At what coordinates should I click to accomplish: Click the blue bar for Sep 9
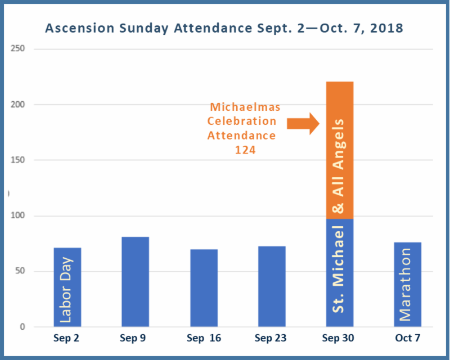[x=135, y=281]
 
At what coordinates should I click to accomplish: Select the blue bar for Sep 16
[x=204, y=287]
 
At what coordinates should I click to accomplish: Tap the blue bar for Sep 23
[x=272, y=286]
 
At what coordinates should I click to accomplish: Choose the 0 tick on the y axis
[x=22, y=327]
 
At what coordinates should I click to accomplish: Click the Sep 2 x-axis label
[x=67, y=339]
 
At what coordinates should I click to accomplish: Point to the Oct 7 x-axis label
[x=408, y=339]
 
